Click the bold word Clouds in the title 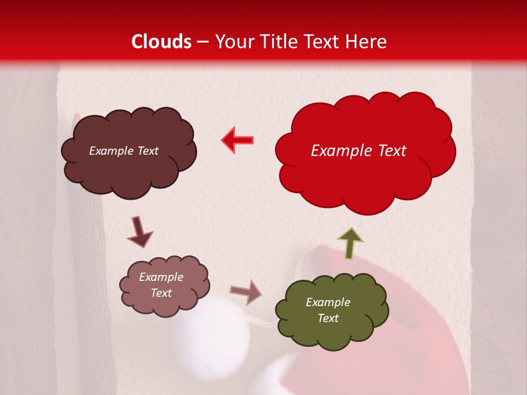pyautogui.click(x=161, y=41)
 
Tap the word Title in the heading pyautogui.click(x=274, y=41)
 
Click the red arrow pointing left pyautogui.click(x=237, y=140)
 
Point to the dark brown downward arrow pyautogui.click(x=139, y=231)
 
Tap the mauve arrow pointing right pyautogui.click(x=245, y=291)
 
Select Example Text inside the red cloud pyautogui.click(x=358, y=151)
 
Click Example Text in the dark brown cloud pyautogui.click(x=124, y=151)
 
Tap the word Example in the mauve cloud pyautogui.click(x=161, y=277)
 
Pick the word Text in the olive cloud pyautogui.click(x=328, y=318)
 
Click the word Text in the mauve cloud pyautogui.click(x=161, y=293)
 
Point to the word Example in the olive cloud pyautogui.click(x=328, y=302)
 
